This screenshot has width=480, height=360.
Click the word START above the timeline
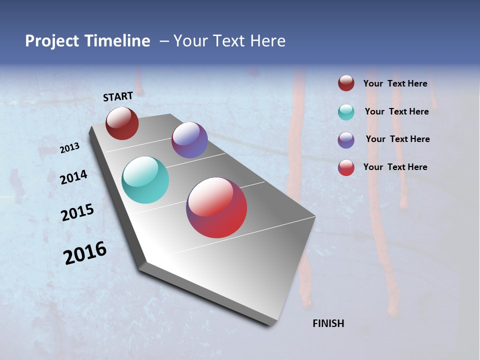tap(118, 96)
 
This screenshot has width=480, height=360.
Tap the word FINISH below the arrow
tap(328, 323)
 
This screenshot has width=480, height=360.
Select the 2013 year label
tap(70, 148)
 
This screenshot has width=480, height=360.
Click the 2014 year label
tap(73, 177)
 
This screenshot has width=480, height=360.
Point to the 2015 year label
tap(77, 212)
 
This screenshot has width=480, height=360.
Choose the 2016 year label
tap(85, 253)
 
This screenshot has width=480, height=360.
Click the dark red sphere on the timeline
tap(122, 123)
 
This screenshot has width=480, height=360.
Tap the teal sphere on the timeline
tap(145, 180)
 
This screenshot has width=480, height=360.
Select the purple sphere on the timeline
tap(189, 140)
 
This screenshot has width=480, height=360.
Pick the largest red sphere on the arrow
tap(216, 207)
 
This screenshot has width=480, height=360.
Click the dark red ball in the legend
tap(346, 83)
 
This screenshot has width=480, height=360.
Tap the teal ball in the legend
tap(346, 112)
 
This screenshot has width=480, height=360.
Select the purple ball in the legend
tap(346, 140)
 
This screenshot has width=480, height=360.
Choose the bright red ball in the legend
tap(346, 167)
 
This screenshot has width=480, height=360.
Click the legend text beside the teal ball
tap(396, 111)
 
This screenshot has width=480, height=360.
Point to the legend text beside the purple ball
tap(397, 139)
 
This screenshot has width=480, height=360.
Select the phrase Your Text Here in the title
tap(229, 41)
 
